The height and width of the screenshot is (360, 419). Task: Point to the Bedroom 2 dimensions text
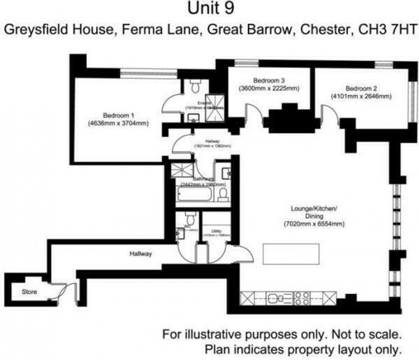pyautogui.click(x=361, y=97)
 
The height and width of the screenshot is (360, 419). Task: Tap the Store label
pyautogui.click(x=30, y=292)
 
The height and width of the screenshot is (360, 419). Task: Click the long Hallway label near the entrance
pyautogui.click(x=141, y=254)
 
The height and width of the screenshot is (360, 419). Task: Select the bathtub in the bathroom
pyautogui.click(x=194, y=195)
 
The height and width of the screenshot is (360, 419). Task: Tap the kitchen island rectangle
pyautogui.click(x=291, y=254)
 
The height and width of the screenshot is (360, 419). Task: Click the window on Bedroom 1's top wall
pyautogui.click(x=148, y=74)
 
